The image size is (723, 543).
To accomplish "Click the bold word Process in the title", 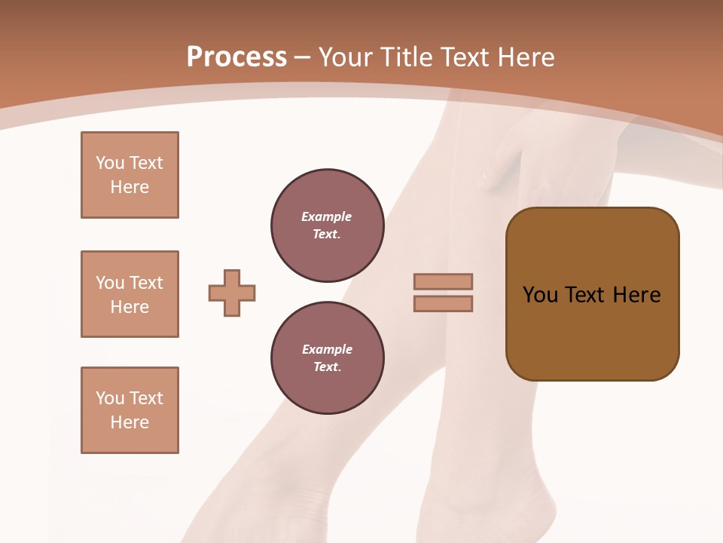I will (236, 57).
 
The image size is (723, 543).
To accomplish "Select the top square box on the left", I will (130, 175).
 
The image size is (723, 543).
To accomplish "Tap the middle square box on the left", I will (130, 294).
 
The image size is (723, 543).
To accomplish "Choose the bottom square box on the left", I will (130, 410).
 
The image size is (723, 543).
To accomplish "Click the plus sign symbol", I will (232, 293).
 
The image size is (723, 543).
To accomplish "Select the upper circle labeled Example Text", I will (327, 225).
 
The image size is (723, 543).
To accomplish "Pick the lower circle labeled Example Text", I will (327, 358).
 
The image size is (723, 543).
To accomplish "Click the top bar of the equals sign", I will (443, 281).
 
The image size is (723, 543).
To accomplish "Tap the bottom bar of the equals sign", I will (443, 304).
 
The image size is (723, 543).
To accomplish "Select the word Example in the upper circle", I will (327, 216).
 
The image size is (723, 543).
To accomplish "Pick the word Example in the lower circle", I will (327, 349).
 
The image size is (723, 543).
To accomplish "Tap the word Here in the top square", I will (130, 187).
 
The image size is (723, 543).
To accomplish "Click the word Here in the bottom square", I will (130, 422).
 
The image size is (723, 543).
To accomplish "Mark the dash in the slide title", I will (302, 58).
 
